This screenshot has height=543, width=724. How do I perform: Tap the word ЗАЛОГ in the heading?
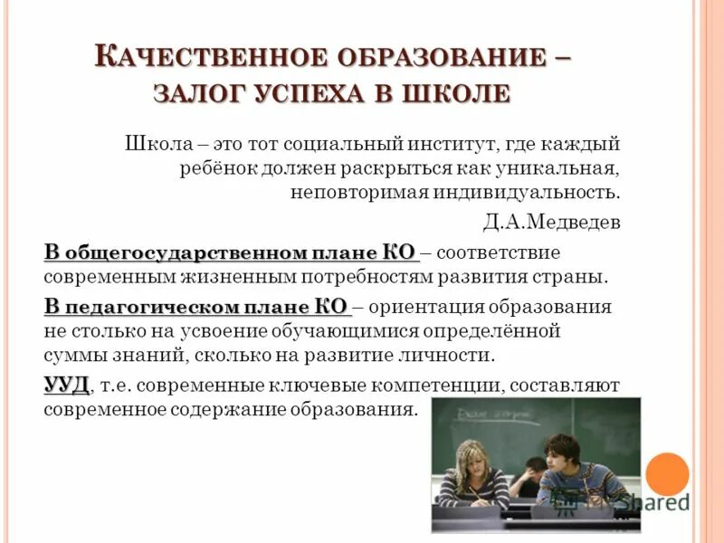click(x=200, y=94)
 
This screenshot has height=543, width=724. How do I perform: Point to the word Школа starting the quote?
click(x=154, y=144)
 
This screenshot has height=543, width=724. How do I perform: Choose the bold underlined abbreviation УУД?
click(x=67, y=386)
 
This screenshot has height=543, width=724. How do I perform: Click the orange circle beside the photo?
click(x=668, y=472)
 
